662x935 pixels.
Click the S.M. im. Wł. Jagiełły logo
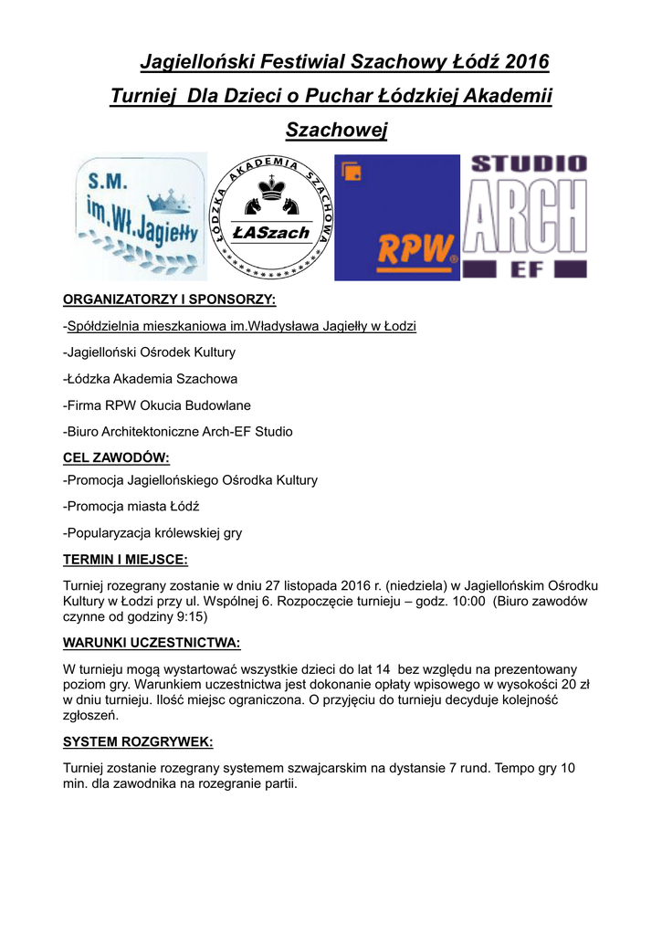click(x=140, y=216)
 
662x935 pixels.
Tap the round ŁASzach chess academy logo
click(x=269, y=216)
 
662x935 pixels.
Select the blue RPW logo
click(x=396, y=217)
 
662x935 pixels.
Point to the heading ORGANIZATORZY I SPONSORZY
click(x=169, y=299)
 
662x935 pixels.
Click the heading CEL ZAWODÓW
click(x=116, y=457)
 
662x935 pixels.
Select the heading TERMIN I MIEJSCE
click(x=125, y=559)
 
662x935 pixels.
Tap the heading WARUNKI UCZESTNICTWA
click(x=151, y=643)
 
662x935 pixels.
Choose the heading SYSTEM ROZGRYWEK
click(x=137, y=741)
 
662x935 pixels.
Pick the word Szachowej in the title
click(x=337, y=131)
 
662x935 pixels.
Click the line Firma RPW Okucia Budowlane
click(x=157, y=404)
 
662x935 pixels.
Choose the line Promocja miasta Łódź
click(x=131, y=506)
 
